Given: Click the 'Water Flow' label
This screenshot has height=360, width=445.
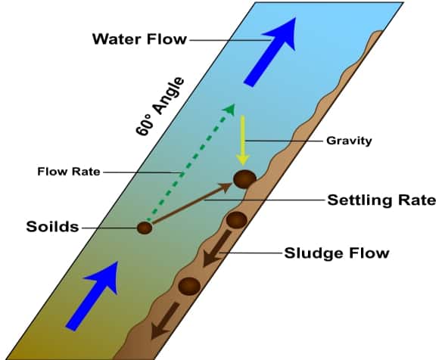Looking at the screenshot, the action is pyautogui.click(x=139, y=39).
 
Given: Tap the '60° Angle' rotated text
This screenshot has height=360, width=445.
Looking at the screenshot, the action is pyautogui.click(x=160, y=107).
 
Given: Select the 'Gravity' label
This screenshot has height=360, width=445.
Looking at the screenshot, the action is pyautogui.click(x=349, y=141).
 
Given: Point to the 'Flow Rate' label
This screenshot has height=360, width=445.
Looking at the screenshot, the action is pyautogui.click(x=69, y=172).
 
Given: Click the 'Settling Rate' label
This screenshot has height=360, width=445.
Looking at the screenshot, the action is pyautogui.click(x=381, y=200).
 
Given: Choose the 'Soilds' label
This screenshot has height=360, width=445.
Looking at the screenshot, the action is pyautogui.click(x=52, y=227).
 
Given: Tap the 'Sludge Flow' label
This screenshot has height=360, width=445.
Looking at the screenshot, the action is pyautogui.click(x=337, y=253).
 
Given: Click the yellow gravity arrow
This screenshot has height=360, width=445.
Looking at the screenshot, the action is pyautogui.click(x=243, y=141).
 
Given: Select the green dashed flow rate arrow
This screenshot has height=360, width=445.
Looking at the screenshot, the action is pyautogui.click(x=191, y=163).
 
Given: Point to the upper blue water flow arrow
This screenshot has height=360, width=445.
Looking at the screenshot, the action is pyautogui.click(x=269, y=51).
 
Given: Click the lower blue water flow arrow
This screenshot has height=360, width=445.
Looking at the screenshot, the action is pyautogui.click(x=92, y=296).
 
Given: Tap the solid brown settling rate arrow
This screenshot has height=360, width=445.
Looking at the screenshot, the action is pyautogui.click(x=192, y=203).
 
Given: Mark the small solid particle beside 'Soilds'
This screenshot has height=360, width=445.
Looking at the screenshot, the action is pyautogui.click(x=145, y=228).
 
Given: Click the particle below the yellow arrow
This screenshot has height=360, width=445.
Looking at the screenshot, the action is pyautogui.click(x=244, y=179).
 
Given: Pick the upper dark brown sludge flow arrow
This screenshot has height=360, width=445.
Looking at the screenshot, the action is pyautogui.click(x=216, y=248).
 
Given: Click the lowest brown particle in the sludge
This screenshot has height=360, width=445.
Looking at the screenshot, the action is pyautogui.click(x=189, y=286).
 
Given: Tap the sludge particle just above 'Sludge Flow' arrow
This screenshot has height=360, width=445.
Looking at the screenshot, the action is pyautogui.click(x=236, y=220).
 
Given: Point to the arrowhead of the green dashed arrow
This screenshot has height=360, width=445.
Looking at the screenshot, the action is pyautogui.click(x=229, y=110).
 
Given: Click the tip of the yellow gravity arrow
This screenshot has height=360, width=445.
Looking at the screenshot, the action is pyautogui.click(x=243, y=166).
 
